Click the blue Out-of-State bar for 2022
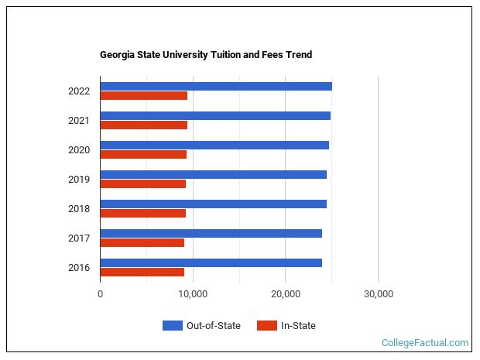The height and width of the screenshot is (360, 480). [215, 86]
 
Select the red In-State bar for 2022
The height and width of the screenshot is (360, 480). [143, 96]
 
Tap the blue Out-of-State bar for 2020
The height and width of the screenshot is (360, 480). [214, 145]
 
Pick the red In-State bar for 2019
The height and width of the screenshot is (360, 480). [142, 184]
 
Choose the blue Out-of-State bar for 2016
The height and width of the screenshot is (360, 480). [211, 262]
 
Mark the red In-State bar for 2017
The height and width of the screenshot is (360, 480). [142, 243]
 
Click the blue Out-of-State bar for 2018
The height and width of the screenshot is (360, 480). [213, 204]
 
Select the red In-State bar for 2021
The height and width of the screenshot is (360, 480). [143, 125]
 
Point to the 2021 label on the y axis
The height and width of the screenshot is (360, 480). [78, 121]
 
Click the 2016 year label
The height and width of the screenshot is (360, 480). [78, 268]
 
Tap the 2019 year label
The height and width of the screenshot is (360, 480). [78, 180]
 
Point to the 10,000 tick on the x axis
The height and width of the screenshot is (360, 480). [193, 294]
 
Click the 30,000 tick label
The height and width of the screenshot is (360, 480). [378, 294]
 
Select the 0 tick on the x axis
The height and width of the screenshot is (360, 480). [101, 294]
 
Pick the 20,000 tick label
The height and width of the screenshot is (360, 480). [286, 294]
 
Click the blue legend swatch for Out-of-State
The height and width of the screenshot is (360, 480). [172, 326]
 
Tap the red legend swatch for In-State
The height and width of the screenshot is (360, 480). [266, 326]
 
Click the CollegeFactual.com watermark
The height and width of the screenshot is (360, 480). [425, 342]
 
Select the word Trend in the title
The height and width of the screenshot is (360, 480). [298, 55]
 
